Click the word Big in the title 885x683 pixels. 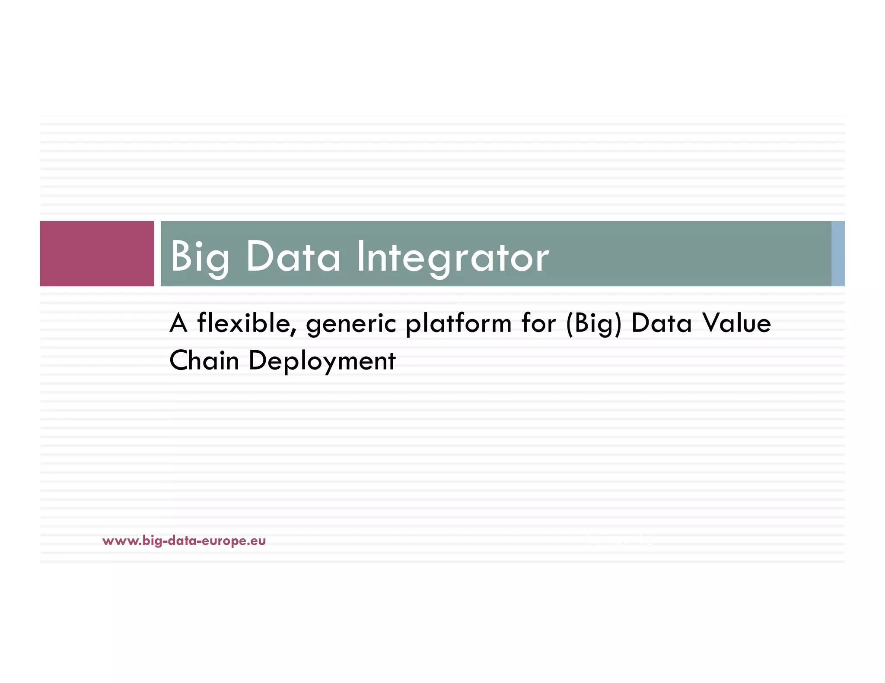(199, 257)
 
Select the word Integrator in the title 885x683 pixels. (452, 257)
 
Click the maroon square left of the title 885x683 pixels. (97, 254)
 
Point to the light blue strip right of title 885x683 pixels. (838, 254)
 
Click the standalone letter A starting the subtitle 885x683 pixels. (178, 323)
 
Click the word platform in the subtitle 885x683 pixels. (458, 324)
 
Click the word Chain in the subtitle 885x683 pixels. (204, 360)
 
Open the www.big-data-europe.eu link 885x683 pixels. (184, 541)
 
